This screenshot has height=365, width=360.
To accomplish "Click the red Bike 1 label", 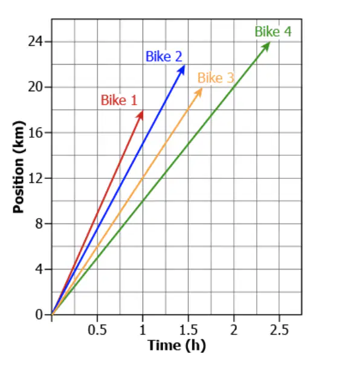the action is [119, 100].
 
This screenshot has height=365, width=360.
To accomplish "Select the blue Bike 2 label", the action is [164, 57].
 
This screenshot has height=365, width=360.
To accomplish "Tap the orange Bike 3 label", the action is [216, 77].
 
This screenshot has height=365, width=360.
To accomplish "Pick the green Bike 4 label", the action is [273, 31].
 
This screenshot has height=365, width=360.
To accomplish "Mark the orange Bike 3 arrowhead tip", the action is [202, 88].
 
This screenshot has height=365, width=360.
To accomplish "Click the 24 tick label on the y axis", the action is [36, 42].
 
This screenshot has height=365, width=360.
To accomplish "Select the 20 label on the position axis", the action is [36, 87].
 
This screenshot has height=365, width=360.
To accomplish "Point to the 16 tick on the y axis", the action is [36, 133].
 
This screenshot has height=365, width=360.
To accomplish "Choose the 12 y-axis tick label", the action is [36, 178].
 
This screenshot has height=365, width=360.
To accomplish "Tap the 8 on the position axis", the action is [39, 224].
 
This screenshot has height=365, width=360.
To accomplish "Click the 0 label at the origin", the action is [39, 315].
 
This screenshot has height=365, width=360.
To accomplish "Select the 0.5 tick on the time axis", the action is [97, 330].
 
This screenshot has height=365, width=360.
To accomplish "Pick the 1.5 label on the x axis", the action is [188, 330].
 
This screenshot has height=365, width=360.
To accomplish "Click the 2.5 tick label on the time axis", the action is [279, 330].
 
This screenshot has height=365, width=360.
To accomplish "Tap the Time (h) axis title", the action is [176, 345].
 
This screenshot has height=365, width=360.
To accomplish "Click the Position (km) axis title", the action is [19, 167].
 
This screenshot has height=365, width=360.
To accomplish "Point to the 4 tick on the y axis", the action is [39, 270].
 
